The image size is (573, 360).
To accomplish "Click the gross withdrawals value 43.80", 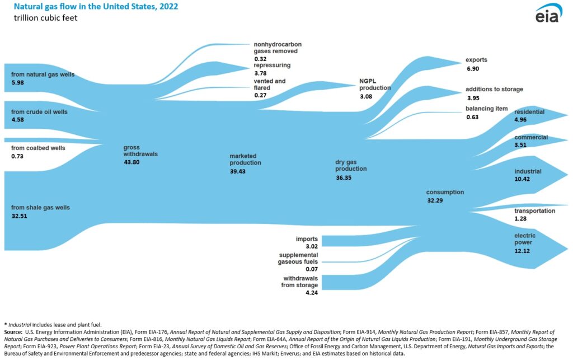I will pos(131,162).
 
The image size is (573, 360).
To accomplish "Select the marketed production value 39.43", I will pos(238,171).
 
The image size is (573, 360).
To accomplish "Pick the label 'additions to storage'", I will pos(494,89).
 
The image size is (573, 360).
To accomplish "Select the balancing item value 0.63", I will pos(472,117).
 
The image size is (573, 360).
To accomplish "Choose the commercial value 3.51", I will pos(522,146).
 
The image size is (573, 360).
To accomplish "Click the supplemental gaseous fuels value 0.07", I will pos(311,269).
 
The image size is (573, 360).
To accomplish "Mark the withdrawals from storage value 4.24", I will pos(311,293).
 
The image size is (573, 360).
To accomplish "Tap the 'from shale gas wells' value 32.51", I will pos(19,216).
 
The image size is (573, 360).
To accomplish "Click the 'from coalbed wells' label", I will pos(38,148).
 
